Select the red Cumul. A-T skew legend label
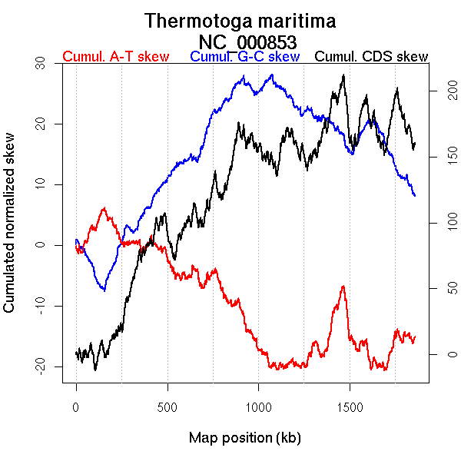pyautogui.click(x=115, y=57)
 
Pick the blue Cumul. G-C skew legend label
pyautogui.click(x=244, y=57)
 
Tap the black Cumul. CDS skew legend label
pyautogui.click(x=372, y=57)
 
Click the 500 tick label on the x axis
pyautogui.click(x=167, y=407)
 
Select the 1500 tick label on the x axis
pyautogui.click(x=350, y=407)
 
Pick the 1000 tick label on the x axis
pyautogui.click(x=259, y=407)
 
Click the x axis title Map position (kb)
pyautogui.click(x=244, y=439)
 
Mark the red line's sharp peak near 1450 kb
pyautogui.click(x=343, y=287)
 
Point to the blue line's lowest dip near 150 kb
pyautogui.click(x=103, y=290)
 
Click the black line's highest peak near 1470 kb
pyautogui.click(x=343, y=75)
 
